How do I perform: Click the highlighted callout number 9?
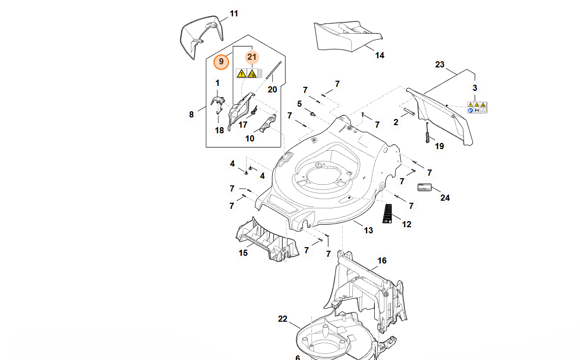(221, 62)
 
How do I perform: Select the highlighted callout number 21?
(251, 57)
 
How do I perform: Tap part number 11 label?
(234, 14)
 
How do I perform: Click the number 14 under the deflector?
(379, 55)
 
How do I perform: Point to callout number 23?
(440, 65)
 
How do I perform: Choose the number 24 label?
(445, 198)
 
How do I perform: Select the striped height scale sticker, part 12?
(388, 213)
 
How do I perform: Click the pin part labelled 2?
(409, 112)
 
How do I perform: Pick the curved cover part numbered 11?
(203, 35)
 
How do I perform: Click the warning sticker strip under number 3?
(477, 107)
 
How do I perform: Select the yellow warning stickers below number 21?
(247, 74)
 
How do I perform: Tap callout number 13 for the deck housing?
(368, 230)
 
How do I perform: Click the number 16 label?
(382, 261)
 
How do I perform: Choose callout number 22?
(282, 319)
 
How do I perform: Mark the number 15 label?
(244, 253)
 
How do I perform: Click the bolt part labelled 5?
(312, 112)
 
